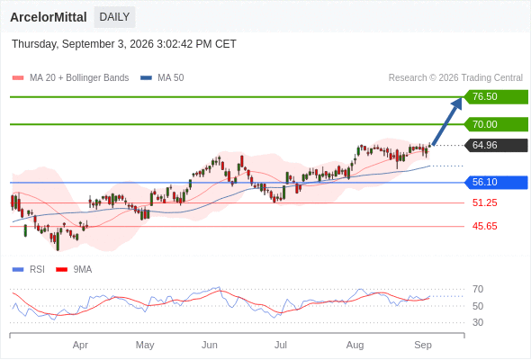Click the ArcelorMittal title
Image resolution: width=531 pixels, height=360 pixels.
click(x=49, y=17)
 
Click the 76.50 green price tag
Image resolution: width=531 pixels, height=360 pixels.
click(x=496, y=97)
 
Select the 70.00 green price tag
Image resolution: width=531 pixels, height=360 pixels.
click(x=496, y=124)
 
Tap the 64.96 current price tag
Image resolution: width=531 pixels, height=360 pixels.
click(x=496, y=145)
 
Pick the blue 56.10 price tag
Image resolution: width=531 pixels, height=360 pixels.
click(x=496, y=182)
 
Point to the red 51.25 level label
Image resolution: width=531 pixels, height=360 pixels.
click(x=484, y=202)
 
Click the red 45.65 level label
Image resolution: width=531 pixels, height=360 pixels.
click(x=484, y=226)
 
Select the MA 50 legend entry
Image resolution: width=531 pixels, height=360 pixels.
click(x=162, y=78)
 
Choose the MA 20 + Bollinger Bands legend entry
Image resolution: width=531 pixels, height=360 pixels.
click(x=70, y=78)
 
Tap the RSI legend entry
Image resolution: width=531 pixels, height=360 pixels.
click(x=29, y=270)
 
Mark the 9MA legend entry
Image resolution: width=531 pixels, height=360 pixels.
click(x=74, y=270)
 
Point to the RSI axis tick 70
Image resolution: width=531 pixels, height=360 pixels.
click(x=478, y=289)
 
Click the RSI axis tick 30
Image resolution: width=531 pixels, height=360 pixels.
click(x=478, y=322)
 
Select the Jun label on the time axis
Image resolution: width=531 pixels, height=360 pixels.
click(x=210, y=345)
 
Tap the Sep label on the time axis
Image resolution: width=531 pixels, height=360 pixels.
click(x=423, y=345)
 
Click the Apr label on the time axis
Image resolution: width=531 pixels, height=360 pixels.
click(x=80, y=345)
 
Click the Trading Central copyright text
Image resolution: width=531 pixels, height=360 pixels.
click(x=455, y=78)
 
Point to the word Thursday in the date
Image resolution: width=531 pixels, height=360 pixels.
click(x=34, y=44)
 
